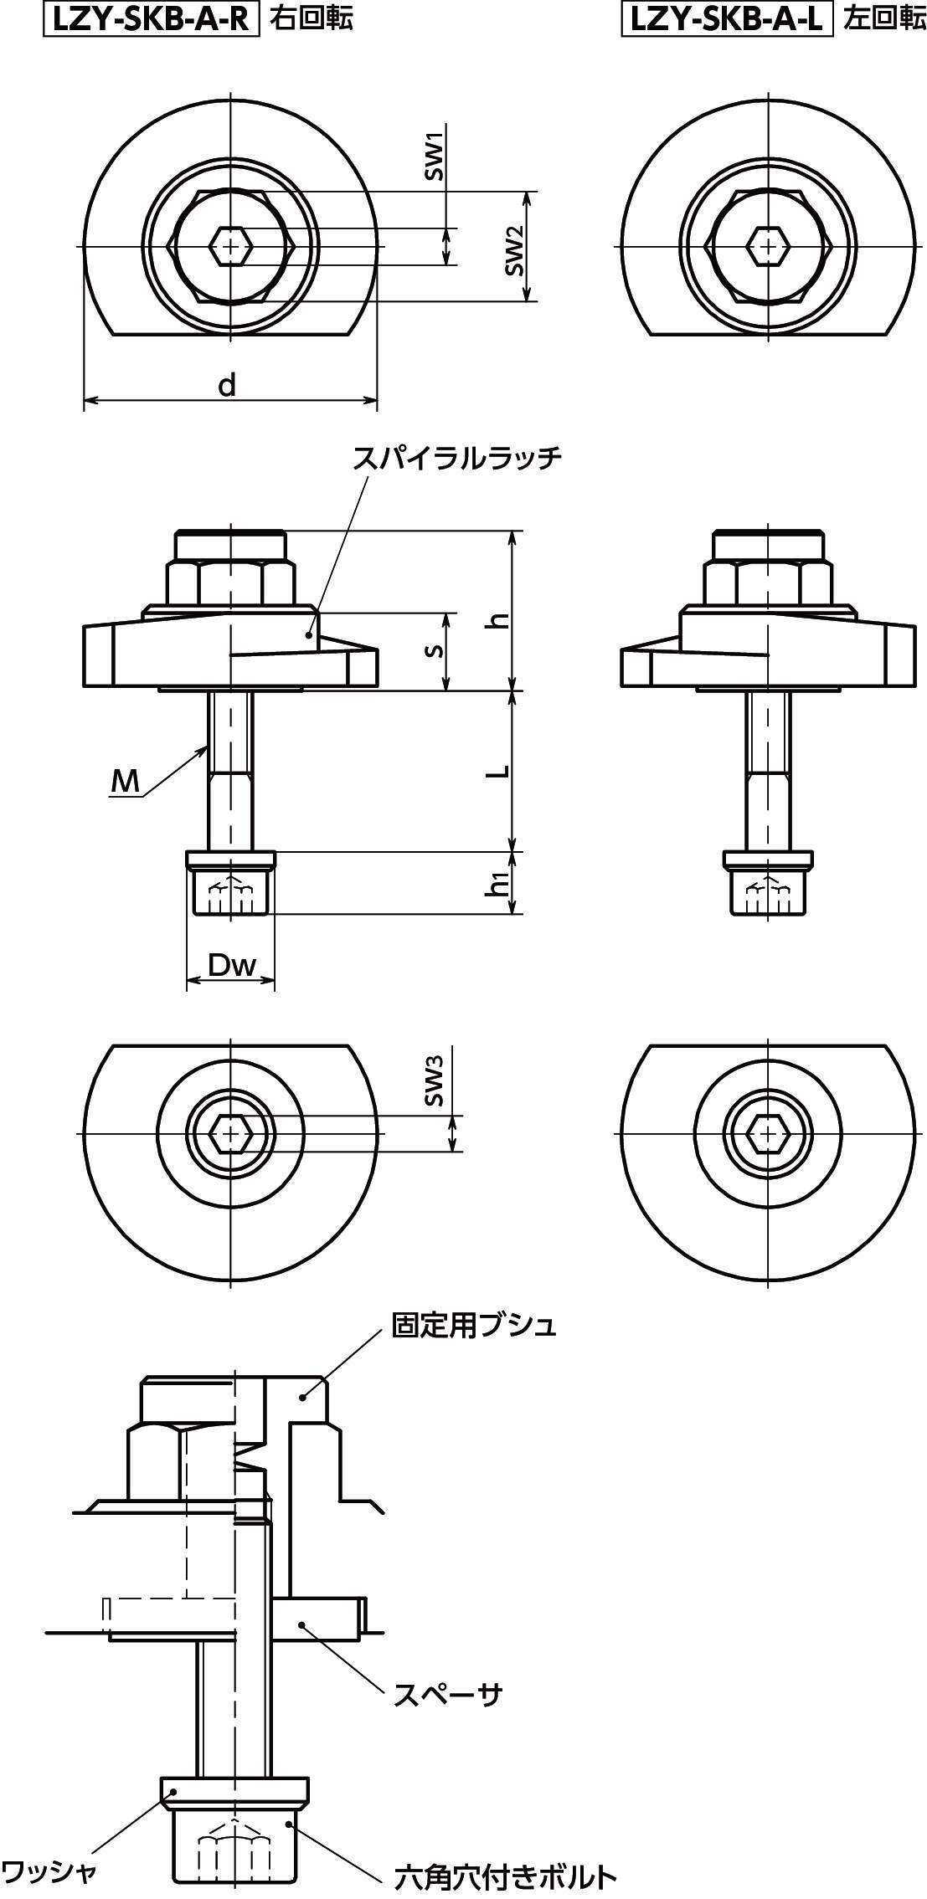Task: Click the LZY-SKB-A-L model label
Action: [x=728, y=18]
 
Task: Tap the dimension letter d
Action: [x=227, y=386]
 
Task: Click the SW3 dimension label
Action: [x=433, y=1081]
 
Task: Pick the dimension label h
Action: [x=500, y=620]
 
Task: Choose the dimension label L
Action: [x=500, y=771]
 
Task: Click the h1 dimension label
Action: [x=500, y=883]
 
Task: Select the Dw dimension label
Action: [x=231, y=966]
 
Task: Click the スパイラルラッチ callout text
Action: [x=456, y=458]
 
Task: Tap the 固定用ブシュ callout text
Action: [x=474, y=1325]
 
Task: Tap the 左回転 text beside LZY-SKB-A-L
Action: [x=884, y=18]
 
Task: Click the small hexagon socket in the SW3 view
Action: [x=230, y=1134]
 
